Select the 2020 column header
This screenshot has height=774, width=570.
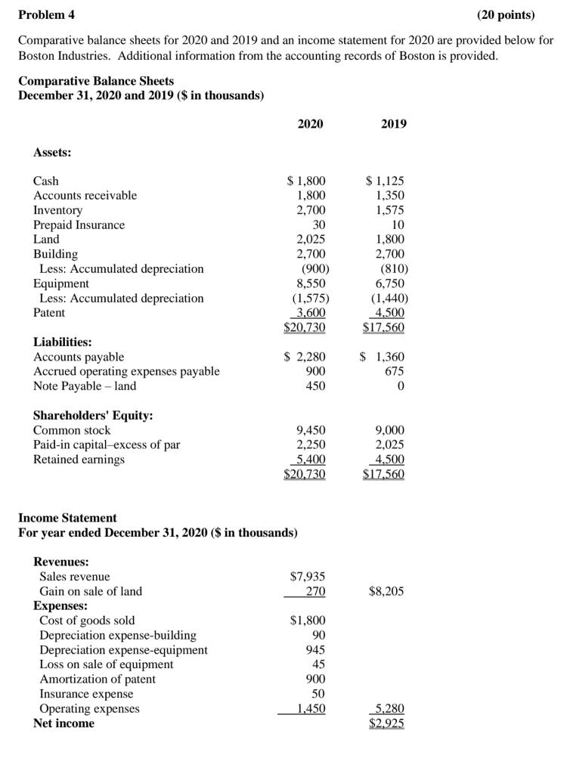coord(310,123)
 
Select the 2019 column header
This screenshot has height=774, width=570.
coord(392,123)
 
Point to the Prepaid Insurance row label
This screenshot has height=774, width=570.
coord(79,224)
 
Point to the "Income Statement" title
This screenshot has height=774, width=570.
coord(67,518)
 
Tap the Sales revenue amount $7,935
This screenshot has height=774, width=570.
coord(308,577)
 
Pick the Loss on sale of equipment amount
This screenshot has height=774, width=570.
coord(318,664)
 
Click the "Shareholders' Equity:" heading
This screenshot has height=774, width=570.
coord(93,415)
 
